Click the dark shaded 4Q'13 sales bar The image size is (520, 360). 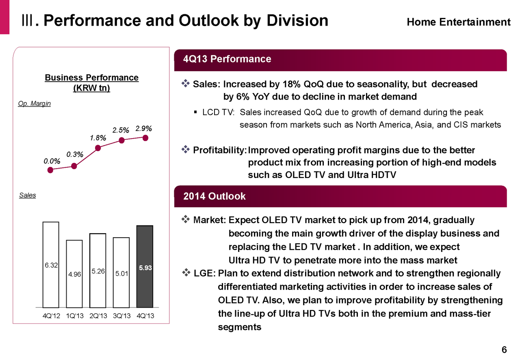[145, 266]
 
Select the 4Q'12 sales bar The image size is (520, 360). [51, 265]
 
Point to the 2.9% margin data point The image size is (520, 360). [145, 138]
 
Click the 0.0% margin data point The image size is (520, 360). [50, 170]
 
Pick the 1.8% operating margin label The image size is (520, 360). [98, 138]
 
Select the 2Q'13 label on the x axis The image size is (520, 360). [98, 316]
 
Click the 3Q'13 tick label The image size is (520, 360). [121, 316]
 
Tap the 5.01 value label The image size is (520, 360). [121, 273]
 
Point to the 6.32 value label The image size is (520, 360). [51, 265]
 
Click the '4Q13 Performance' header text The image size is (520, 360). [227, 59]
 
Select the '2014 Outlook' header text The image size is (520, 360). [214, 196]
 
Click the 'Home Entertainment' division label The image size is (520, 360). [458, 22]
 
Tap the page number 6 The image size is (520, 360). [504, 350]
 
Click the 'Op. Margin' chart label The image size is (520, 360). [35, 104]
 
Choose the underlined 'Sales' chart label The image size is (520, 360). [28, 195]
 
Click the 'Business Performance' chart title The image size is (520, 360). [91, 77]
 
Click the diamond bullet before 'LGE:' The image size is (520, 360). [186, 273]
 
